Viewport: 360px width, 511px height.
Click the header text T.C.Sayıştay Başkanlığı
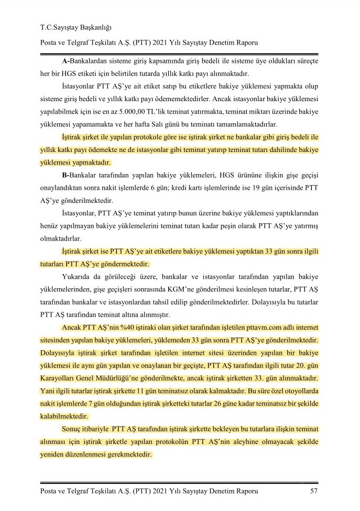coord(77,27)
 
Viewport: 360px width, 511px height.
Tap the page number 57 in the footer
coord(314,491)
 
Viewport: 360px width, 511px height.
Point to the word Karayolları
coord(60,378)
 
